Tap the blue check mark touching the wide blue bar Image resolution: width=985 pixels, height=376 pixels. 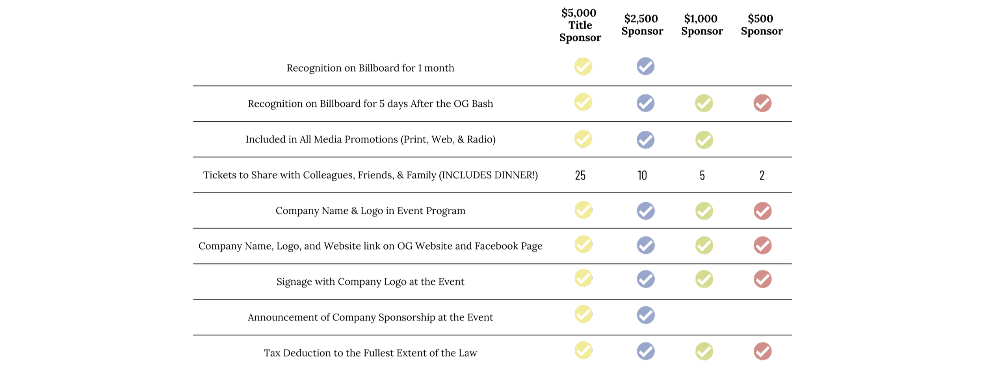pyautogui.click(x=645, y=67)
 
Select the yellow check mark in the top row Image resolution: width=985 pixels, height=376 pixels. pyautogui.click(x=583, y=67)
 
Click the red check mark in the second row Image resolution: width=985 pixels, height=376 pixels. pyautogui.click(x=762, y=103)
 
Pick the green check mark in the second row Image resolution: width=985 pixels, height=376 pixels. pyautogui.click(x=704, y=103)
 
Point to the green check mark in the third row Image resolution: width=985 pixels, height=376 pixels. pyautogui.click(x=704, y=140)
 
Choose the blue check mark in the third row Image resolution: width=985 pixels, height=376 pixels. pyautogui.click(x=645, y=140)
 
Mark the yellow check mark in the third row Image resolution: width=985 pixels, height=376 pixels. pyautogui.click(x=583, y=139)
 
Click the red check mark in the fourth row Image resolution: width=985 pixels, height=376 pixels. pyautogui.click(x=762, y=211)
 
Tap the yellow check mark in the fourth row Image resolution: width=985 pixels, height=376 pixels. pyautogui.click(x=583, y=210)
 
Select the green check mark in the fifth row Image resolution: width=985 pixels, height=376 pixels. pyautogui.click(x=704, y=245)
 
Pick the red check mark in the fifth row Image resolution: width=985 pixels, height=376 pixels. pyautogui.click(x=762, y=245)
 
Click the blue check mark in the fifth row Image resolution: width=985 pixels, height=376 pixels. pyautogui.click(x=645, y=245)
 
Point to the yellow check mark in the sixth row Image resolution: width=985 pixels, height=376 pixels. pyautogui.click(x=583, y=278)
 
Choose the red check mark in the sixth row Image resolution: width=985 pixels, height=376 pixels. pyautogui.click(x=762, y=279)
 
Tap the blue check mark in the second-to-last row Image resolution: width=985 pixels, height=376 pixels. pyautogui.click(x=645, y=315)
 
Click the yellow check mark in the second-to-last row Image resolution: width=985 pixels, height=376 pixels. pyautogui.click(x=583, y=314)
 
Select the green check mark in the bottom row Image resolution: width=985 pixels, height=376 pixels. pyautogui.click(x=704, y=351)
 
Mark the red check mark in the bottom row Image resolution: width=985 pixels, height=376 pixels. pyautogui.click(x=762, y=351)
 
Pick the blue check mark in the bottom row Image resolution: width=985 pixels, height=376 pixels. pyautogui.click(x=645, y=351)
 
